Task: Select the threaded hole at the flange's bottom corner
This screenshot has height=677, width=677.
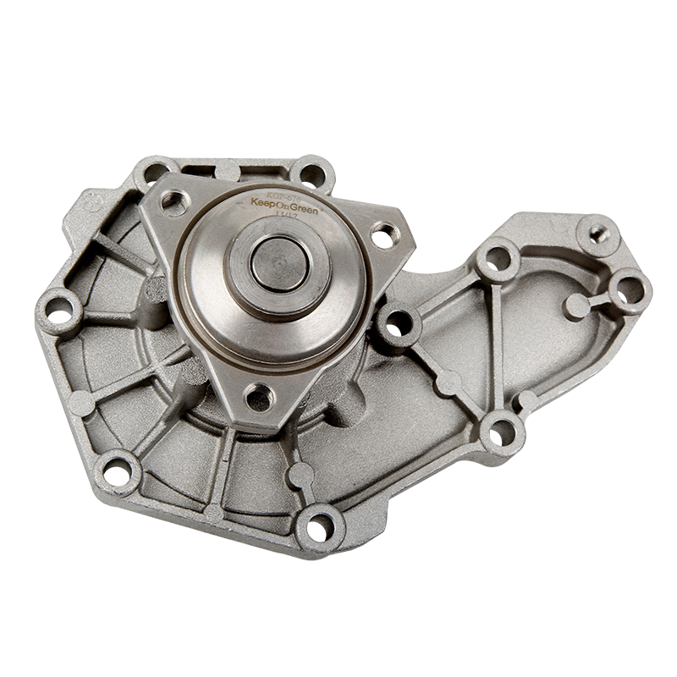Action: [260, 395]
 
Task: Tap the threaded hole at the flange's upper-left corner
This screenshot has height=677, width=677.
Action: [175, 201]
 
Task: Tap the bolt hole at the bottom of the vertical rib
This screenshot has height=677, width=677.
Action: [502, 432]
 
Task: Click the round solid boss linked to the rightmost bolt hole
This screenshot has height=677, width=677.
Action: [576, 306]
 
